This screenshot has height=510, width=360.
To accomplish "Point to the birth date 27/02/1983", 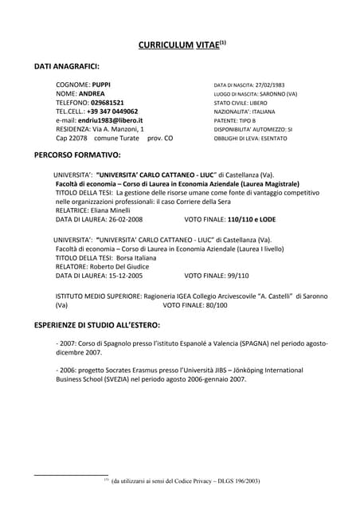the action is (271, 84).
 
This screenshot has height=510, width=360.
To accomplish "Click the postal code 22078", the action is (76, 138).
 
